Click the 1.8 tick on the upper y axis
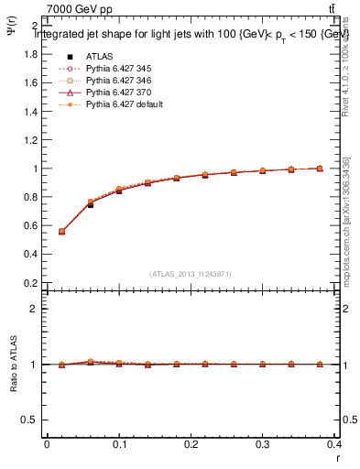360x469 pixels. (32, 54)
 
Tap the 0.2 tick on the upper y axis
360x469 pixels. (32, 284)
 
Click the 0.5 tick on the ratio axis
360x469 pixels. (32, 420)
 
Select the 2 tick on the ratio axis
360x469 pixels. (36, 309)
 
